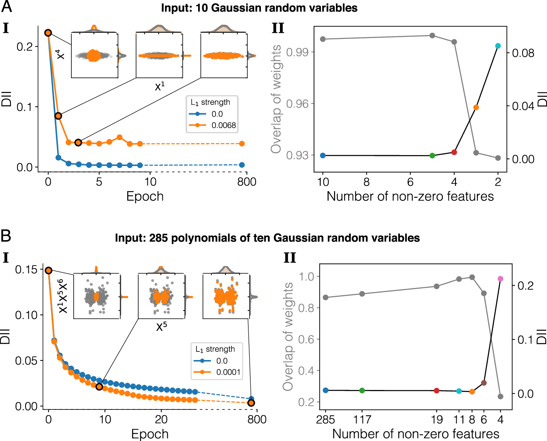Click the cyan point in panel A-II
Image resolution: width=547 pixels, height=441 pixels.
498,46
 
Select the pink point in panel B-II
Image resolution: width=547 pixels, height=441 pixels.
500,279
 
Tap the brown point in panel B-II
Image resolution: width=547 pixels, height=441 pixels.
484,383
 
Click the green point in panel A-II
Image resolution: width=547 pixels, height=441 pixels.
432,156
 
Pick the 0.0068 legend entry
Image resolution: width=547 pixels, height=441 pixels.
223,125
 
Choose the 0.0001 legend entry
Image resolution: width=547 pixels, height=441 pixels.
228,372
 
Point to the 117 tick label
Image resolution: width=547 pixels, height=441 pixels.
362,419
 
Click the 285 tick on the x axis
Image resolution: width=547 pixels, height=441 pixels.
325,419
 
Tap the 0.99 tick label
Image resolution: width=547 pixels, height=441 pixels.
297,52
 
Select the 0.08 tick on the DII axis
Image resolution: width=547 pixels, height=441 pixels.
523,53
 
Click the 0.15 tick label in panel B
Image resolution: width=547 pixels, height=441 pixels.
26,269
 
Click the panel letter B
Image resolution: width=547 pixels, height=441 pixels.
6,236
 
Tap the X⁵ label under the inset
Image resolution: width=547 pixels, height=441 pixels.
161,326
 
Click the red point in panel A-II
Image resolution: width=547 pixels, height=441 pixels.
454,152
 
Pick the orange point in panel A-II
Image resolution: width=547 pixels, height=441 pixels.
476,107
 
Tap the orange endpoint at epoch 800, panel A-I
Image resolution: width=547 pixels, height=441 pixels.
242,144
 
